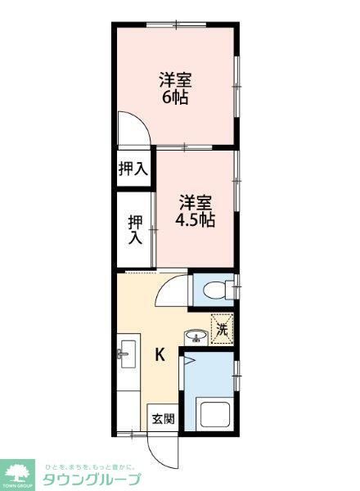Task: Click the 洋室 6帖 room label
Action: pos(174,88)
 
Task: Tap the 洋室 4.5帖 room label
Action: pos(196,210)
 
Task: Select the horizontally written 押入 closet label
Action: pos(133,170)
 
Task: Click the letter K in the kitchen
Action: pos(160,355)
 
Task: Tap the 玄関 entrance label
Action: pos(162,419)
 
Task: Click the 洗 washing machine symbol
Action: pos(221,329)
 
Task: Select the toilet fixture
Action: pos(215,290)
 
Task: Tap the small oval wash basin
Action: pos(195,336)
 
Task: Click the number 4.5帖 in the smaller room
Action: pos(195,220)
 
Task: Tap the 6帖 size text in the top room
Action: pos(174,97)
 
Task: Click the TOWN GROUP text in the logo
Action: pos(16,485)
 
